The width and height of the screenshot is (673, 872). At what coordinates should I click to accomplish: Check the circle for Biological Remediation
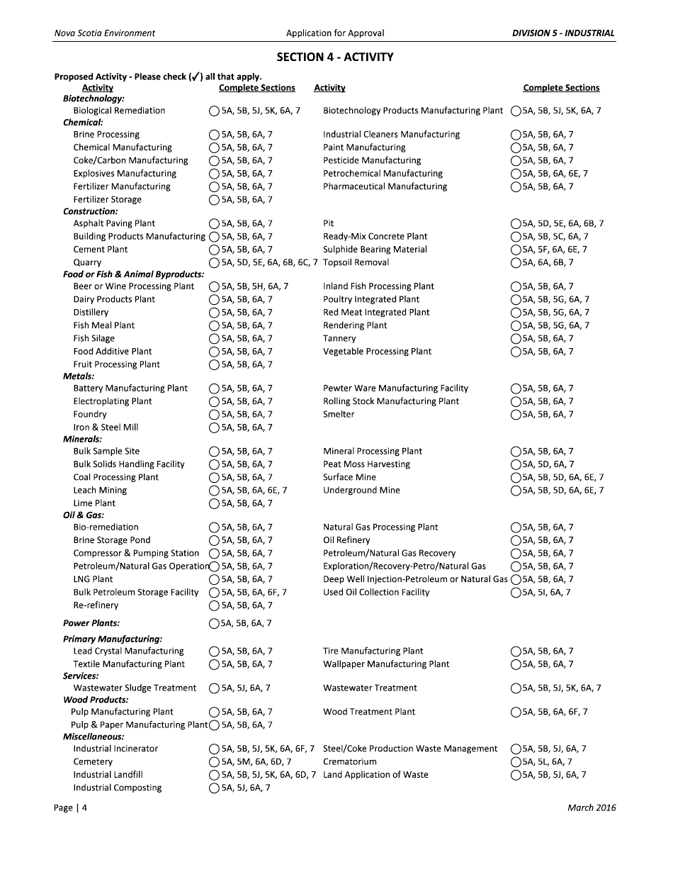pyautogui.click(x=215, y=111)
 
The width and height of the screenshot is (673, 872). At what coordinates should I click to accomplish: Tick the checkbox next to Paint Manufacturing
pyautogui.click(x=516, y=147)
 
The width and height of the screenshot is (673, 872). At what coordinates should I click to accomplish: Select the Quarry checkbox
pyautogui.click(x=215, y=262)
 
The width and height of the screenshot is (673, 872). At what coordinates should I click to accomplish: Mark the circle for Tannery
pyautogui.click(x=516, y=339)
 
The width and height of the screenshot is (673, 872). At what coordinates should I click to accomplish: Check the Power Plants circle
pyautogui.click(x=215, y=624)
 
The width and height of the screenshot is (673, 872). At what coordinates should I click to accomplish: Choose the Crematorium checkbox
pyautogui.click(x=516, y=762)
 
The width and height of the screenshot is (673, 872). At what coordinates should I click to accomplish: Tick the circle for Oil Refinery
pyautogui.click(x=516, y=540)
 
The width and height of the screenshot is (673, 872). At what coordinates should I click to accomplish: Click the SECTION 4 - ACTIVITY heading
pyautogui.click(x=334, y=57)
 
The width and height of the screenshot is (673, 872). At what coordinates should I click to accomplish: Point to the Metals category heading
pyautogui.click(x=79, y=376)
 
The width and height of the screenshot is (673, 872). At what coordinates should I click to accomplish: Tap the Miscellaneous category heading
pyautogui.click(x=94, y=737)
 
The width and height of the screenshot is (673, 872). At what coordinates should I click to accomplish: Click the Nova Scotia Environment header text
pyautogui.click(x=104, y=33)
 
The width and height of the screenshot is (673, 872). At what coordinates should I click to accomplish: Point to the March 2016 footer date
pyautogui.click(x=592, y=807)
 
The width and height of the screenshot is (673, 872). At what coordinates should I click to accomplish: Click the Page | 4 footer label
pyautogui.click(x=71, y=807)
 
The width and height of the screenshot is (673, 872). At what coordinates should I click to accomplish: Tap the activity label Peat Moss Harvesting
pyautogui.click(x=366, y=464)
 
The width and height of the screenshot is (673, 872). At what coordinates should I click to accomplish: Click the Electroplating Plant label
pyautogui.click(x=113, y=401)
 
